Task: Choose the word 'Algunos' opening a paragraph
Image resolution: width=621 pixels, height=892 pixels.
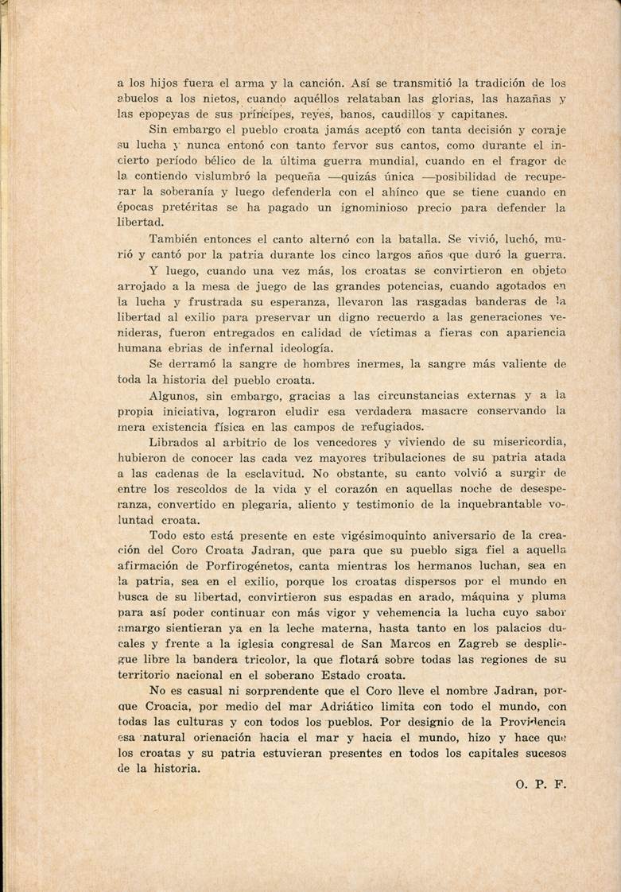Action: click(173, 395)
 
